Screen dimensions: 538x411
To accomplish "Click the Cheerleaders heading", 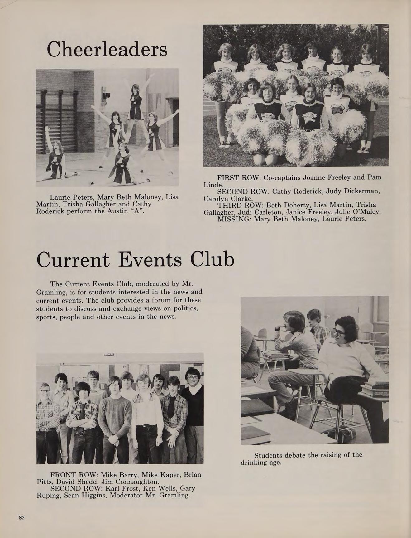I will (107, 49).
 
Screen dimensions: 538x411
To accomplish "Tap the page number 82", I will (22, 518).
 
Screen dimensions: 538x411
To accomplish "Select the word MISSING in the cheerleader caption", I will (234, 219).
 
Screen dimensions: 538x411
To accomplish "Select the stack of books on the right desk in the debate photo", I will (375, 389).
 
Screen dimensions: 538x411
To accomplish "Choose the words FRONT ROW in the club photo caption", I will (74, 475).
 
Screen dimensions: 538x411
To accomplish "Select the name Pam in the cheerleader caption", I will (374, 177).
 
